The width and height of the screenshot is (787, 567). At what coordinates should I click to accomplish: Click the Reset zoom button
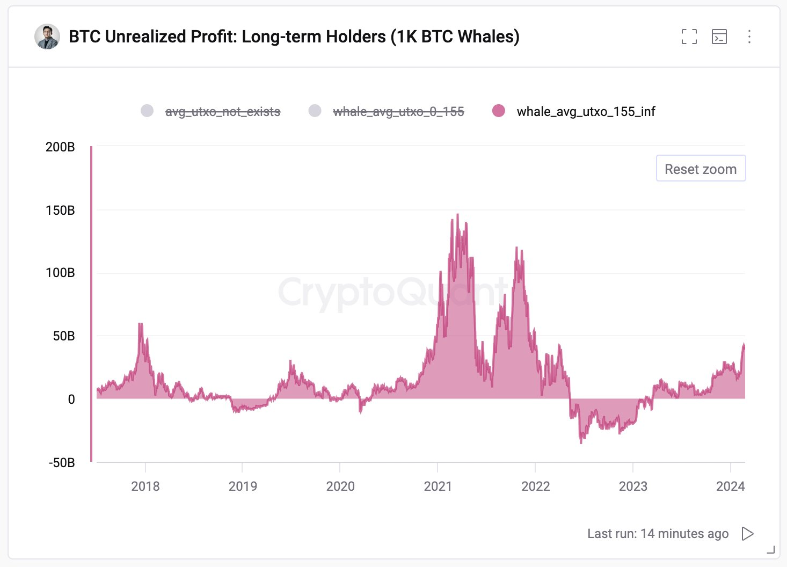pyautogui.click(x=701, y=169)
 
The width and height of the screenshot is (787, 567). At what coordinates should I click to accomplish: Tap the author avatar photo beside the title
pyautogui.click(x=47, y=37)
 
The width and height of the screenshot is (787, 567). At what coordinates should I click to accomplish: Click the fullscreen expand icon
pyautogui.click(x=689, y=37)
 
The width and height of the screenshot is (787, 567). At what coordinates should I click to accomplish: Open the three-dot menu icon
pyautogui.click(x=749, y=37)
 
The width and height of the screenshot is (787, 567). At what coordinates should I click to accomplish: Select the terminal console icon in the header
pyautogui.click(x=719, y=37)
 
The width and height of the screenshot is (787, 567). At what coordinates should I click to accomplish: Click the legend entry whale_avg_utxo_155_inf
pyautogui.click(x=586, y=112)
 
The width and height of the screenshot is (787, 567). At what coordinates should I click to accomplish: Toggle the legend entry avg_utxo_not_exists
pyautogui.click(x=222, y=112)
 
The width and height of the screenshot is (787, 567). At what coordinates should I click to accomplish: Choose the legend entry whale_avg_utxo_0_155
pyautogui.click(x=398, y=112)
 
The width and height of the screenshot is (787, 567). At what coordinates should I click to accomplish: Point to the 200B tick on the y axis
pyautogui.click(x=60, y=147)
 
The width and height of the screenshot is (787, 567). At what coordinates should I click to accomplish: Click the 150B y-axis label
pyautogui.click(x=60, y=210)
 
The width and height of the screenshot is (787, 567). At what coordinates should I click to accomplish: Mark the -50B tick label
pyautogui.click(x=61, y=463)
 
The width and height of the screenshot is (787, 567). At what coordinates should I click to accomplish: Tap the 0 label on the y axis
pyautogui.click(x=71, y=399)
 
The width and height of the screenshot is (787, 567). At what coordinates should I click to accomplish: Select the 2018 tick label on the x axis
pyautogui.click(x=145, y=486)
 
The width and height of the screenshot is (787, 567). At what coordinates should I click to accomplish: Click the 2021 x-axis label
pyautogui.click(x=438, y=486)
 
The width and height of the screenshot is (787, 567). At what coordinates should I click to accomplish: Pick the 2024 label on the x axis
pyautogui.click(x=730, y=486)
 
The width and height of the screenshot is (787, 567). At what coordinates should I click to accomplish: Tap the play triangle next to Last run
pyautogui.click(x=747, y=534)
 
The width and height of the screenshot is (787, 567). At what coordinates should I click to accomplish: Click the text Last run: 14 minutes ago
pyautogui.click(x=658, y=534)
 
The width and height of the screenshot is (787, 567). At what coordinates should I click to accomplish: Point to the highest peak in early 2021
pyautogui.click(x=457, y=215)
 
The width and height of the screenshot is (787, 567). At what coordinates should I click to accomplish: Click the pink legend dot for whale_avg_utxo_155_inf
pyautogui.click(x=499, y=111)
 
